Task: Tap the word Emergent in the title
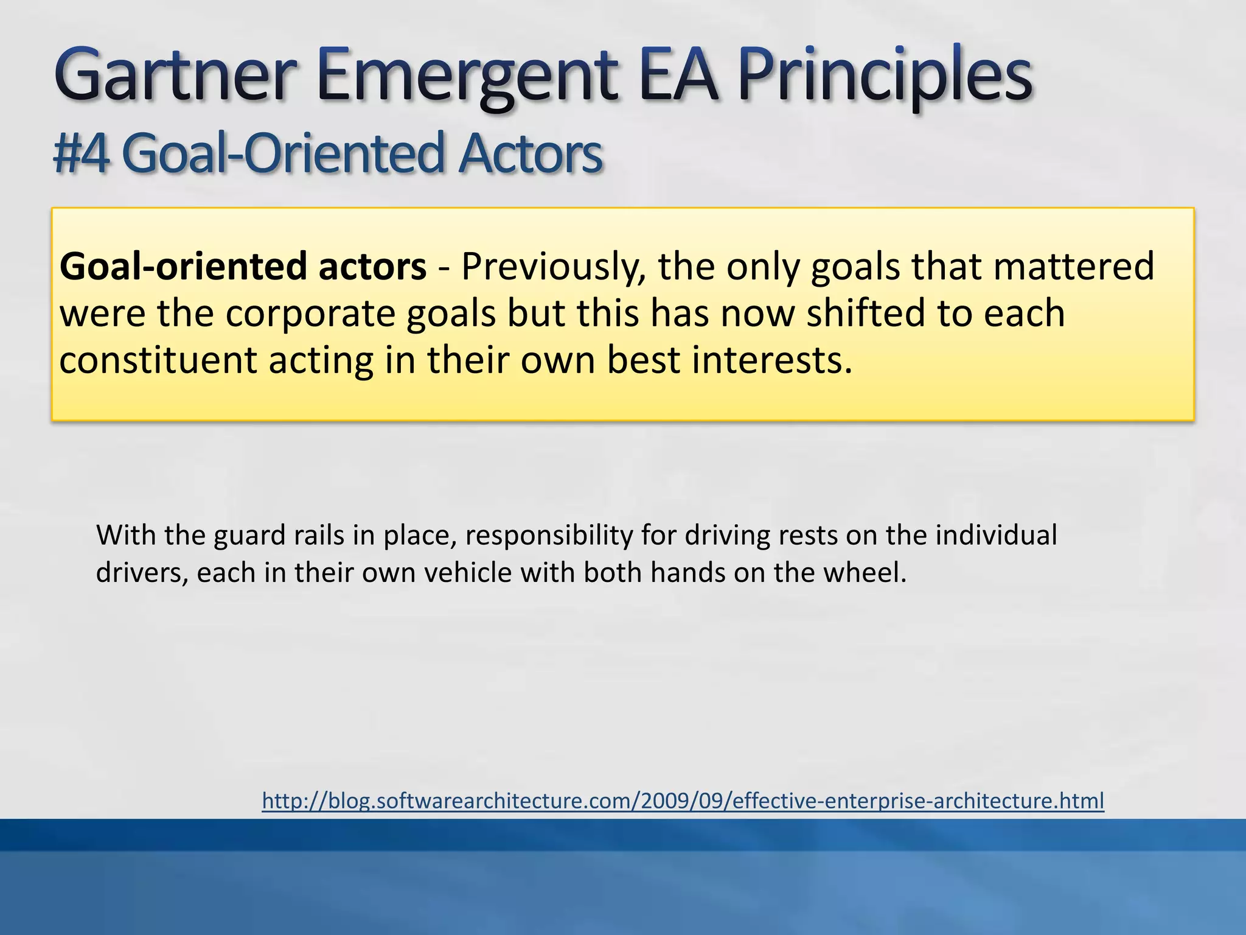click(465, 76)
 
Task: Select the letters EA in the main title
click(678, 76)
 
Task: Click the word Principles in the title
click(885, 76)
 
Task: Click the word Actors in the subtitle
click(530, 154)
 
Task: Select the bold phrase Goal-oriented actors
click(243, 267)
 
